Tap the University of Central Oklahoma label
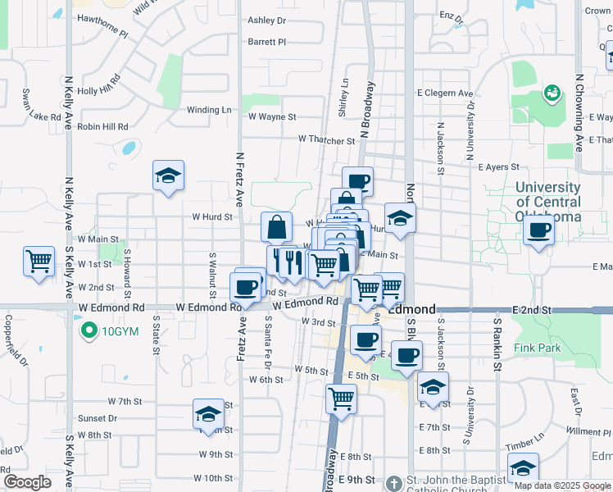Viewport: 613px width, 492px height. (x=548, y=202)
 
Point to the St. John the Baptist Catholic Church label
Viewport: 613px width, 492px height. (x=447, y=481)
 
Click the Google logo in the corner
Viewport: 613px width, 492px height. (x=27, y=482)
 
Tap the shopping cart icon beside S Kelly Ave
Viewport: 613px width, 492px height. (x=39, y=262)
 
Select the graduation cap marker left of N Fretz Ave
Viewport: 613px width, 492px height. (x=168, y=175)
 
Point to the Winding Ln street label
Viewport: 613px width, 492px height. (x=209, y=110)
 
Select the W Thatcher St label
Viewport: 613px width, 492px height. (x=326, y=139)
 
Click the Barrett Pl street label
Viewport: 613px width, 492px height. (x=266, y=41)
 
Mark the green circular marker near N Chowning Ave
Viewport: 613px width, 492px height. (x=552, y=93)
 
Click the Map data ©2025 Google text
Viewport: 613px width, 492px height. (x=563, y=485)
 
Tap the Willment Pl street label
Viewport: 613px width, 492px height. (x=583, y=431)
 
